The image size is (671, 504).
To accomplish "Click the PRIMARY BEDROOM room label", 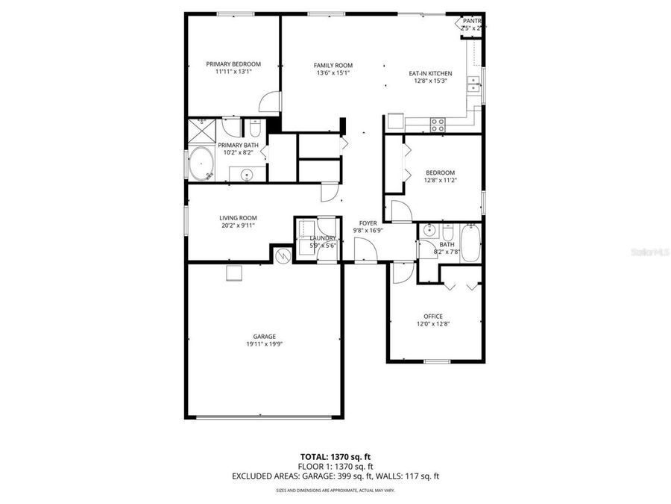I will [233, 64].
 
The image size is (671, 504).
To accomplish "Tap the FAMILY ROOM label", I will [333, 65].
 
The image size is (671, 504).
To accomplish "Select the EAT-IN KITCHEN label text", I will [430, 73].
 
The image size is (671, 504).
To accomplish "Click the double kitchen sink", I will [473, 84].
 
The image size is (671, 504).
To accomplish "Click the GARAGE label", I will [264, 336].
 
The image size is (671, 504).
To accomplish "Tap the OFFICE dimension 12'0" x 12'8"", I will [433, 324].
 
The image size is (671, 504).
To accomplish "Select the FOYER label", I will [368, 223].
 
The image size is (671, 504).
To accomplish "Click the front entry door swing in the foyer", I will [365, 255].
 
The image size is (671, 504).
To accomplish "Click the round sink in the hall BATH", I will [429, 231].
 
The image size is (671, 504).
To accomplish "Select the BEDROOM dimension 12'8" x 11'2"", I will [439, 180].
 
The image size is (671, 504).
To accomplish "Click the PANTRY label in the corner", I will [473, 21].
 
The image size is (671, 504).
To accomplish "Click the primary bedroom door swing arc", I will [271, 103].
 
